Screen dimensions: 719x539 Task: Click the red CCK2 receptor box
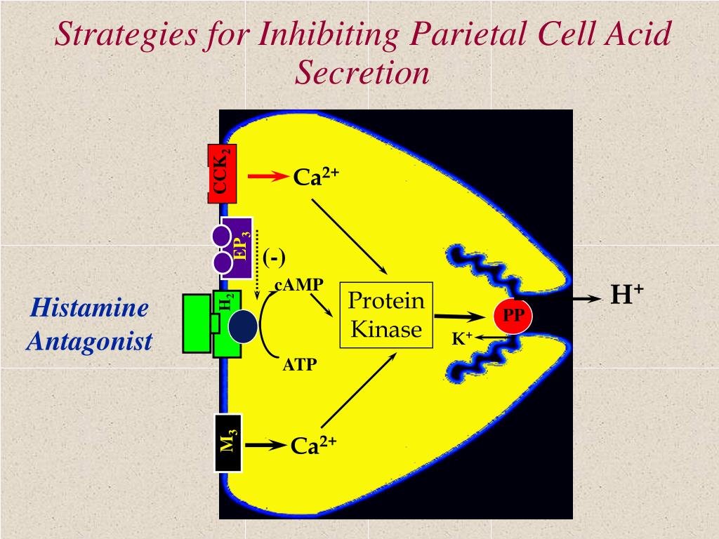click(223, 174)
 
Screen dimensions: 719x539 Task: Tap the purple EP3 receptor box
click(237, 248)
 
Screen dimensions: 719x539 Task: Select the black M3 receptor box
click(228, 443)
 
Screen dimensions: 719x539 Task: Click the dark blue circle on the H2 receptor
click(243, 326)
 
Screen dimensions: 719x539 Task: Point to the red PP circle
click(513, 315)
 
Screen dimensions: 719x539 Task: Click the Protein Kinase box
click(386, 315)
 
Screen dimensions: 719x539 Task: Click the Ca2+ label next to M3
click(314, 445)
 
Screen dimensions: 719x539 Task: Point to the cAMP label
click(299, 285)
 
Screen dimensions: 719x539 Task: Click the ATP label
click(300, 365)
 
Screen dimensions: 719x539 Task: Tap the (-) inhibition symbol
click(275, 258)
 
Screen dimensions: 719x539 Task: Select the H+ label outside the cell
click(627, 294)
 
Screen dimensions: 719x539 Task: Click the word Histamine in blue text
click(89, 307)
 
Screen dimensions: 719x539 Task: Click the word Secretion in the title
click(362, 72)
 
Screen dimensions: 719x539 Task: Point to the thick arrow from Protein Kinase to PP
click(459, 317)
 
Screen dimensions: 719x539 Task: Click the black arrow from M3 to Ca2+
click(265, 444)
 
